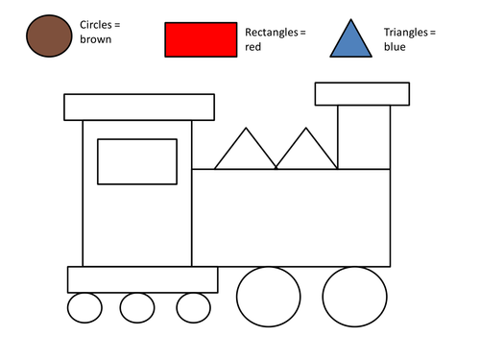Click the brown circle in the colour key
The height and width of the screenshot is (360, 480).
[49, 36]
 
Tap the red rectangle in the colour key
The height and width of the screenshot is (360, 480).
[201, 39]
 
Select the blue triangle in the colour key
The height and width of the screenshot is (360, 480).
[351, 38]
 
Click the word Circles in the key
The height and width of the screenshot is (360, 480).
[96, 25]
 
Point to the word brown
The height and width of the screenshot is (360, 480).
[96, 39]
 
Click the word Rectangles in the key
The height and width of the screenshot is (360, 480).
[272, 33]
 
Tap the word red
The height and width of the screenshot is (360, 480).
[252, 47]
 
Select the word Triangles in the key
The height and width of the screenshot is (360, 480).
[406, 33]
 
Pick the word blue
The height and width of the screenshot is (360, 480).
[395, 47]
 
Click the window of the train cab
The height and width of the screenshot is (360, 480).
[137, 161]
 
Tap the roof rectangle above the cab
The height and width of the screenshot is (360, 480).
[139, 108]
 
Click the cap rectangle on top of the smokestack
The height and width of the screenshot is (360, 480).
[362, 94]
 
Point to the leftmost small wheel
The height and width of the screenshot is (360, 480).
[84, 308]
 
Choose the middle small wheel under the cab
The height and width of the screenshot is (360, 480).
[137, 308]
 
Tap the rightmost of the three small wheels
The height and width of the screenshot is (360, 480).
[193, 308]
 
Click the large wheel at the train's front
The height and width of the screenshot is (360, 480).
[354, 297]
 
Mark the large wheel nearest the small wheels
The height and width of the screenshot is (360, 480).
[269, 297]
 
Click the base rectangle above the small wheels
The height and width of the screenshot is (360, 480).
[143, 279]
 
